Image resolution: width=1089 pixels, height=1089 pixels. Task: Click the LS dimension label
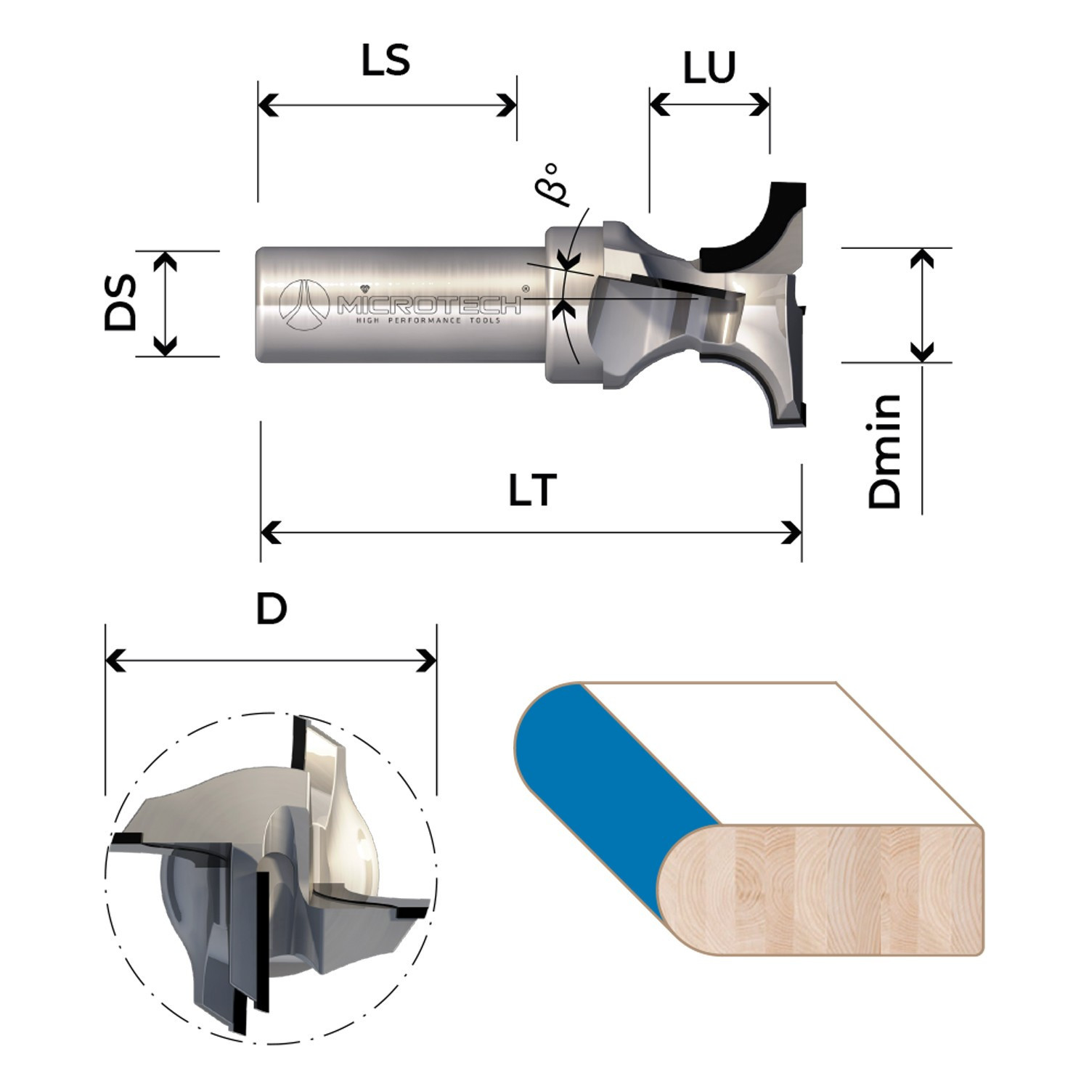coord(386,60)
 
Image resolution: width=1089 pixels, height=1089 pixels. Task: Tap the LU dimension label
coord(709,68)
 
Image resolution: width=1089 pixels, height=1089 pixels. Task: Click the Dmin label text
coord(885,452)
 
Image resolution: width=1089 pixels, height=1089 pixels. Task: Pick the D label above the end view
coord(272,609)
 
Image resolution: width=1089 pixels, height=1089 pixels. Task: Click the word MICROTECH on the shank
coord(429,305)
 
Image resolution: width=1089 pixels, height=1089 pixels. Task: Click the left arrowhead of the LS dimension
coord(268,105)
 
